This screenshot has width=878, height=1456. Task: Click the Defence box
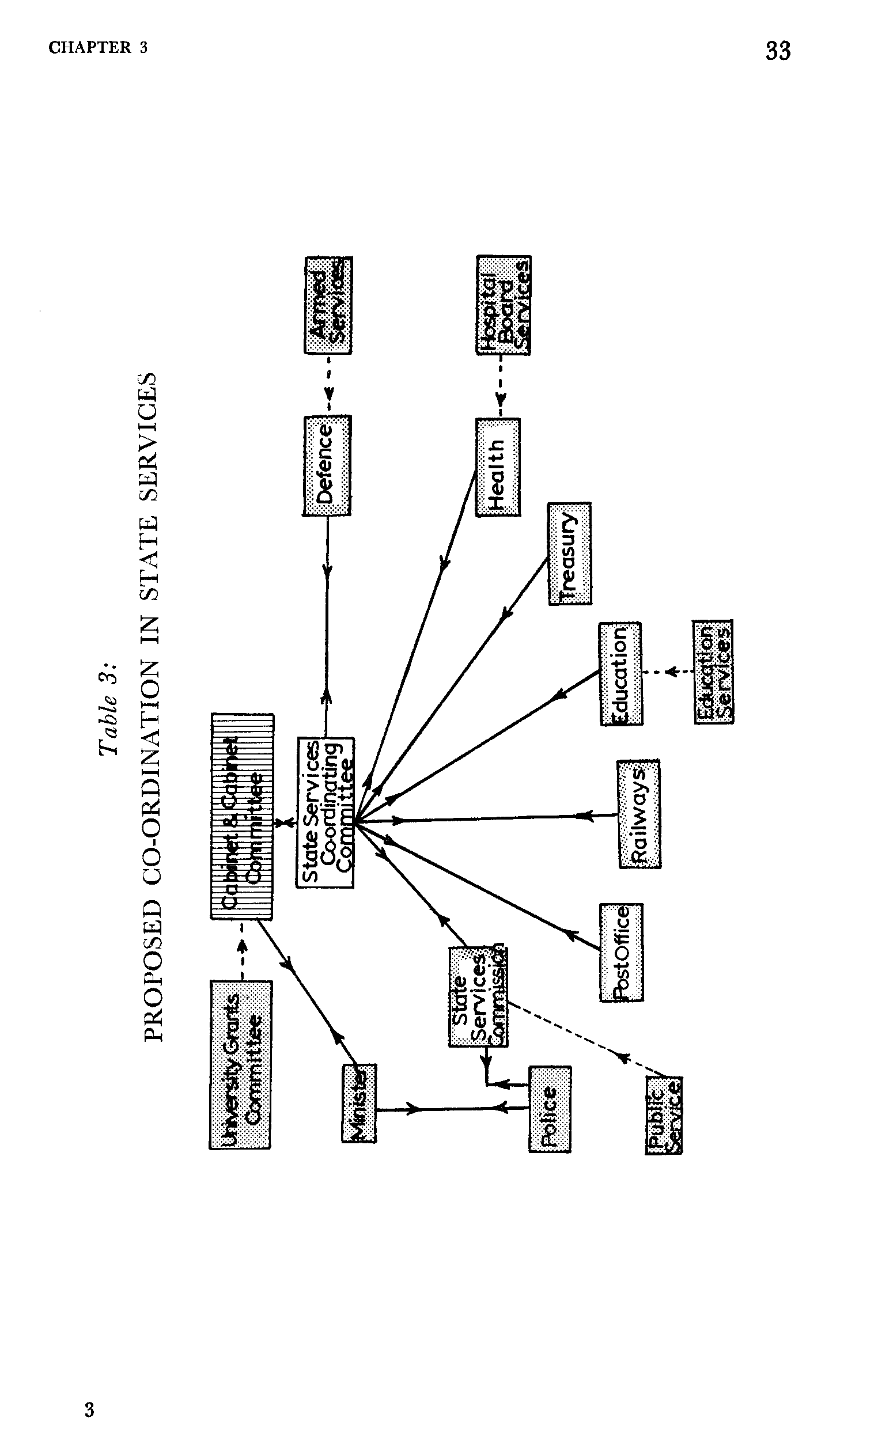tap(327, 465)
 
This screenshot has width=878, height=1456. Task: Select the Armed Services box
tap(328, 305)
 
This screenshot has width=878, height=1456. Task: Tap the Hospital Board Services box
tap(503, 305)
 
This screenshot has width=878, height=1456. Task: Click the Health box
tap(498, 467)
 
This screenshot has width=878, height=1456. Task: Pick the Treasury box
tap(569, 553)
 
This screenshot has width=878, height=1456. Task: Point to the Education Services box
tap(714, 672)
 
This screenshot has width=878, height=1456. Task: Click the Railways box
tap(639, 814)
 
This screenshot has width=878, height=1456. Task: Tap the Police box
tap(550, 1109)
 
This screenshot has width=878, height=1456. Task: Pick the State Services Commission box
tap(478, 997)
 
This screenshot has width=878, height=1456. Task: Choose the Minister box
tap(359, 1102)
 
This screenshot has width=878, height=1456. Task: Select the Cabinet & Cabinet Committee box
tap(242, 816)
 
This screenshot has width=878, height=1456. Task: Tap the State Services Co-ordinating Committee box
tap(325, 813)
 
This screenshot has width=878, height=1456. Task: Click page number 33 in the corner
tap(778, 51)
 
